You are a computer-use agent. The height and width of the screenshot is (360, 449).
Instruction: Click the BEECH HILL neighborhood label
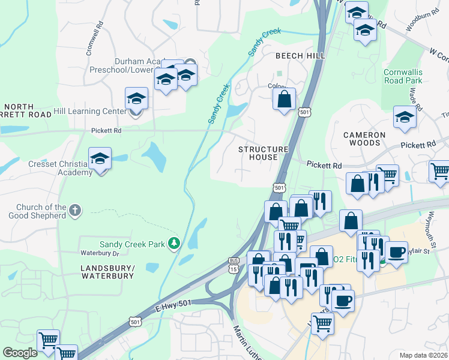click(x=300, y=56)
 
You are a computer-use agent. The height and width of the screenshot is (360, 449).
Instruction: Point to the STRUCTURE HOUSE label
click(x=264, y=153)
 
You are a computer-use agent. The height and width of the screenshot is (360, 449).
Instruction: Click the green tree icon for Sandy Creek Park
click(x=174, y=243)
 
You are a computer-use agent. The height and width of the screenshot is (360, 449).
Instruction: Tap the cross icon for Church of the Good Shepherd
click(x=74, y=211)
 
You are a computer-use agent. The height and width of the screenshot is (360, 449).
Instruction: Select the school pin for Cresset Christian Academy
click(x=100, y=158)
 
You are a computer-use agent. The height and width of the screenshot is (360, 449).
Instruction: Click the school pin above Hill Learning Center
click(x=136, y=98)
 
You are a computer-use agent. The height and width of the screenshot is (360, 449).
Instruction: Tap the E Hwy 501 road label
click(x=173, y=305)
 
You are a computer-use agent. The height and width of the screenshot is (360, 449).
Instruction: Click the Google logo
click(x=20, y=352)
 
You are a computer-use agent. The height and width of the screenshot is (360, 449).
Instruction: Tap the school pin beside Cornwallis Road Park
click(x=405, y=118)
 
